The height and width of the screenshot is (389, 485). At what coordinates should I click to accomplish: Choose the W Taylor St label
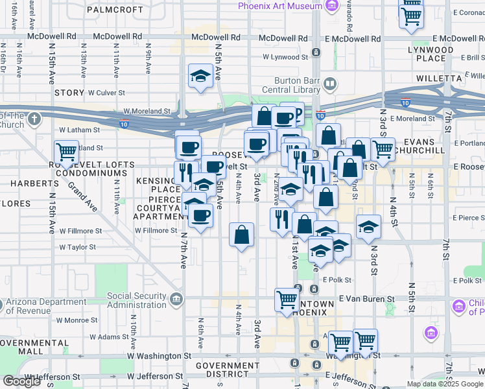click(x=77, y=247)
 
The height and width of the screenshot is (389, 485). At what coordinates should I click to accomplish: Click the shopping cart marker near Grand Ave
click(x=67, y=153)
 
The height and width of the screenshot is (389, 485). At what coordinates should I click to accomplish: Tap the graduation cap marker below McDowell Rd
click(x=200, y=76)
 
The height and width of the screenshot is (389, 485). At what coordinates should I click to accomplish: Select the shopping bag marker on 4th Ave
click(x=241, y=235)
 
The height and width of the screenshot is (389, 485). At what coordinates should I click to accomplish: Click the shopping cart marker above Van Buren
click(x=287, y=300)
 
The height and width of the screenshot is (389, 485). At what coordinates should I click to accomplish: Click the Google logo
click(x=21, y=381)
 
